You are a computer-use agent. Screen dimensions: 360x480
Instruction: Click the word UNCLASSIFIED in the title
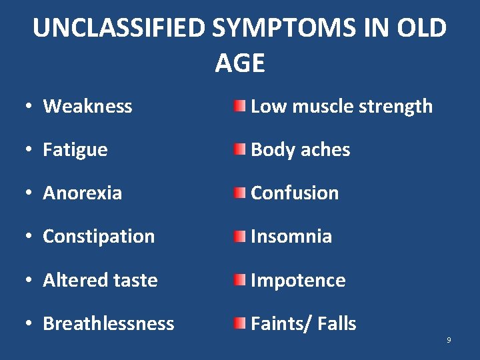(x=120, y=28)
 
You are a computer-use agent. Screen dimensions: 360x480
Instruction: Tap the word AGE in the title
(x=240, y=63)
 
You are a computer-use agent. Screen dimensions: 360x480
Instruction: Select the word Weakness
(x=87, y=106)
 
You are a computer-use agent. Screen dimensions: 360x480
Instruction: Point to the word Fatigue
(x=75, y=150)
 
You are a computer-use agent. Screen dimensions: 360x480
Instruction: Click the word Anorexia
(x=82, y=193)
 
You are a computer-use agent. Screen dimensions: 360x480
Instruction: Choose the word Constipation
(x=99, y=237)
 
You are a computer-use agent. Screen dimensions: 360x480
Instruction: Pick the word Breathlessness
(x=108, y=323)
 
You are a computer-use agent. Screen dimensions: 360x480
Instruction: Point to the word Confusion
(x=295, y=193)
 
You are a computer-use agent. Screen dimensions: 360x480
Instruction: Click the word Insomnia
(x=291, y=237)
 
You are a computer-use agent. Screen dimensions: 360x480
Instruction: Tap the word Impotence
(x=298, y=280)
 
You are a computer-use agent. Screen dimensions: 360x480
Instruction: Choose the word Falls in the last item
(x=337, y=323)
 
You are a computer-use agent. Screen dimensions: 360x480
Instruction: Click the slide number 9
(x=449, y=340)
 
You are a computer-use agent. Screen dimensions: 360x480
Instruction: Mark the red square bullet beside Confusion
(x=239, y=193)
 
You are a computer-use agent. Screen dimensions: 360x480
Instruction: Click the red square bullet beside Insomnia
(x=239, y=237)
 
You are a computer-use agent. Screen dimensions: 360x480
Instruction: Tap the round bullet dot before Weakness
(x=31, y=107)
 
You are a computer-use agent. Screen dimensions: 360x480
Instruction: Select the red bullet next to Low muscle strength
(x=239, y=106)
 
